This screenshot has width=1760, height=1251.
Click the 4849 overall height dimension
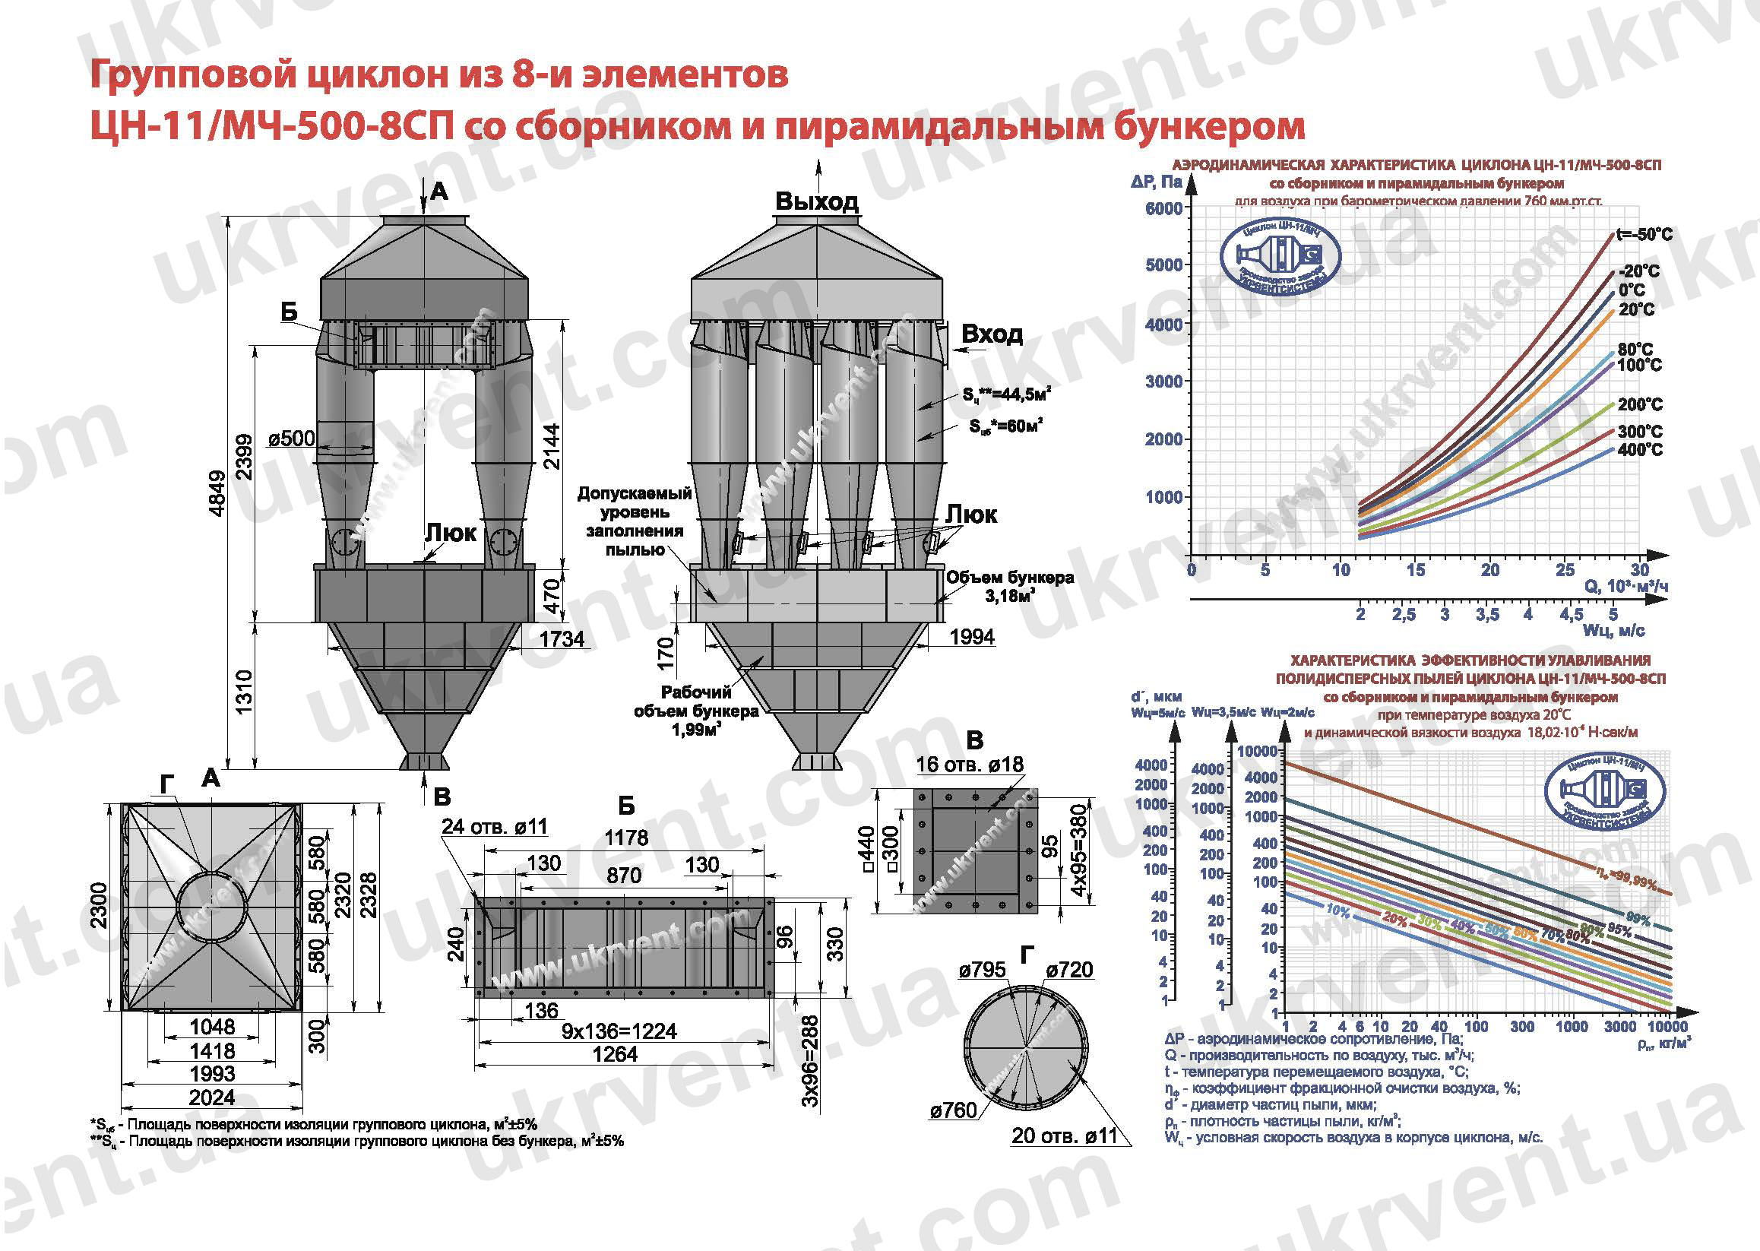point(219,494)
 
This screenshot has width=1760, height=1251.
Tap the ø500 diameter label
point(292,439)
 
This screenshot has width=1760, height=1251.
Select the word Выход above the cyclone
point(816,202)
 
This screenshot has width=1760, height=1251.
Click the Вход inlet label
point(991,334)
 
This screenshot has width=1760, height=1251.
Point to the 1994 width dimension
point(971,637)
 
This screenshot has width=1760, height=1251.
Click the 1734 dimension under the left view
point(561,638)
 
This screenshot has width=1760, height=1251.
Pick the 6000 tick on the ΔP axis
point(1163,209)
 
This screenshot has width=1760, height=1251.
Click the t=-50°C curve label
point(1644,235)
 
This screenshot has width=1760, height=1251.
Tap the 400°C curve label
point(1641,450)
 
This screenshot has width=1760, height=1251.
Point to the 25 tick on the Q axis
point(1565,570)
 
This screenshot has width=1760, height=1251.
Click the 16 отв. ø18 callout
point(970,764)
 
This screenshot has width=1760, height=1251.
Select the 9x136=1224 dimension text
point(619,1031)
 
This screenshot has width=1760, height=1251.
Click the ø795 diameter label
point(982,971)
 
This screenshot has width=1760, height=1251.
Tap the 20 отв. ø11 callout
point(1064,1135)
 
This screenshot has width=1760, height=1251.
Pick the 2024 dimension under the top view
point(212,1097)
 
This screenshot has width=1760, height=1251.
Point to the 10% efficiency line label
point(1338,911)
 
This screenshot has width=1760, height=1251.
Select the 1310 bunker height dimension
point(244,692)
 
